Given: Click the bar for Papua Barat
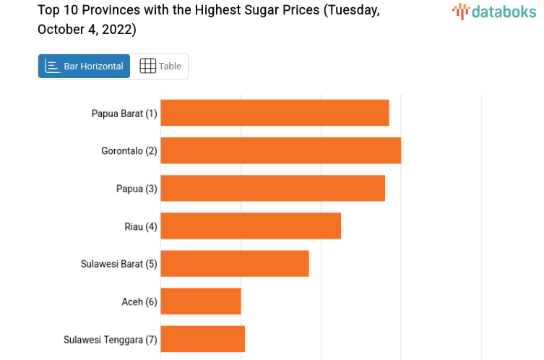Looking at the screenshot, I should (275, 113).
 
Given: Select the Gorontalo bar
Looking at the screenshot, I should (280, 150).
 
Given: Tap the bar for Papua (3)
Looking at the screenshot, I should (272, 188).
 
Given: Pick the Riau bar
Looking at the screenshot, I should (251, 226).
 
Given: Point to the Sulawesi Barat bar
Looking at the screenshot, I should (235, 263).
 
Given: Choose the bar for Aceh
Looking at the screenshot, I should (201, 301).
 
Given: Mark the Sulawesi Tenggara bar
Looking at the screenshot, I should (203, 338).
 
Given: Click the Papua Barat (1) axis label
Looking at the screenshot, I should (124, 113).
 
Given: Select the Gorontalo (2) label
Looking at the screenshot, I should (129, 151).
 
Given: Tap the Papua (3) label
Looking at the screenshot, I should (137, 189).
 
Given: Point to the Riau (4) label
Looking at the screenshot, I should (141, 226).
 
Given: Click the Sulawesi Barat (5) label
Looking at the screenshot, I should (118, 264).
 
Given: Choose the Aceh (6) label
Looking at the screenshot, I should (139, 301).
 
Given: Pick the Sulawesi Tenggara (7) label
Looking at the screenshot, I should (111, 339).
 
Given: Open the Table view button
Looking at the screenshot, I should (160, 66).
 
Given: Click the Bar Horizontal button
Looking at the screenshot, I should (85, 66).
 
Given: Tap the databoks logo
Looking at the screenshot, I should (494, 11).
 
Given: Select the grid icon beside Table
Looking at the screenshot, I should (147, 66).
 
